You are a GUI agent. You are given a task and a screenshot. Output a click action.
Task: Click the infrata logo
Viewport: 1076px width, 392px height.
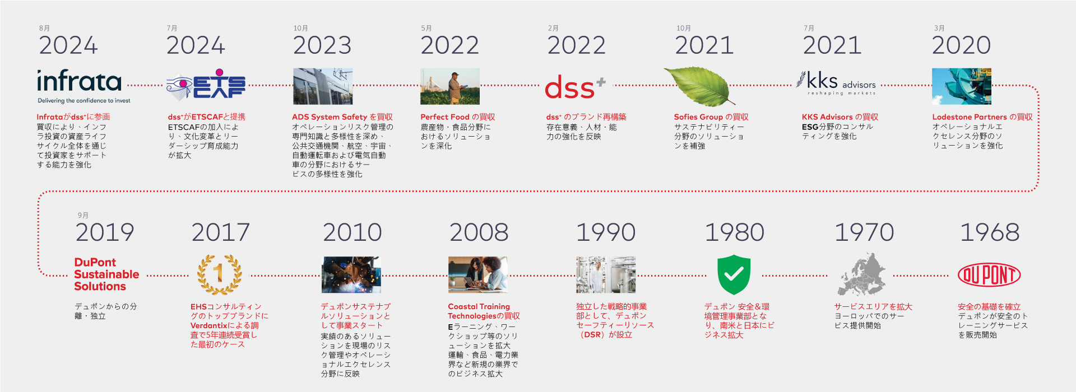tap(80, 86)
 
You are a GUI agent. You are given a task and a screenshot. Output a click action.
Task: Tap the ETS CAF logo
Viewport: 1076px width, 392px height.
tap(206, 85)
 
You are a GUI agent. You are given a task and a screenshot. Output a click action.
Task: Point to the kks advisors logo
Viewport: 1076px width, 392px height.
tap(836, 84)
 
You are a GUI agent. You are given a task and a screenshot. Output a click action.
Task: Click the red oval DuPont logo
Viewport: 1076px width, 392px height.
tap(989, 275)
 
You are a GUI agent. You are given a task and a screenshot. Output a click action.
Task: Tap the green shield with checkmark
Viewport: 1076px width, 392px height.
tap(734, 274)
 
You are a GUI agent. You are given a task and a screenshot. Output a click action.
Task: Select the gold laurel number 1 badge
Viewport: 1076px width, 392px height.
tap(219, 274)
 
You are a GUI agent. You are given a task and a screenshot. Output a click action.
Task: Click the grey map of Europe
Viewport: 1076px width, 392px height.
tap(861, 274)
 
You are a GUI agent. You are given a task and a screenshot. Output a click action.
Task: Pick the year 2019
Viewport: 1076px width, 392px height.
tap(105, 232)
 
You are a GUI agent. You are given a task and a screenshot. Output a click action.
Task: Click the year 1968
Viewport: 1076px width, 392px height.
tap(990, 232)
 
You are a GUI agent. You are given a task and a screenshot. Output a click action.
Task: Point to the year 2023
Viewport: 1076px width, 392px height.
tap(322, 45)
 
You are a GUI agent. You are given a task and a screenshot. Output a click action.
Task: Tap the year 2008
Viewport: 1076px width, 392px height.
tap(479, 232)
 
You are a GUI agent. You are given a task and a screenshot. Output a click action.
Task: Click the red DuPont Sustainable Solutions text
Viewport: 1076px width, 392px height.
tap(106, 274)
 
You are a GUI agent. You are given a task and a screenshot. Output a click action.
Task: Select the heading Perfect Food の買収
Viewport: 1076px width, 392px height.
tap(458, 117)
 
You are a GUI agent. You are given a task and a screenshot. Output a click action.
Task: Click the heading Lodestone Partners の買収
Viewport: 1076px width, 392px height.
tap(982, 117)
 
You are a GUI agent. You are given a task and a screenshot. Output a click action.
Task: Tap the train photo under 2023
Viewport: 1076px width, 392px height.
tap(323, 86)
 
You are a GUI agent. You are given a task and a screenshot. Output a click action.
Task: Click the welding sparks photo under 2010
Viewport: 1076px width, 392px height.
tap(351, 275)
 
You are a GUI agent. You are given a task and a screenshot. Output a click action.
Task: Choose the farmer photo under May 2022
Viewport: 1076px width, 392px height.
tap(450, 86)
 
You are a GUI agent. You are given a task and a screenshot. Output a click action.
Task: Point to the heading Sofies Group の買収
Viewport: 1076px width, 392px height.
tap(711, 117)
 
